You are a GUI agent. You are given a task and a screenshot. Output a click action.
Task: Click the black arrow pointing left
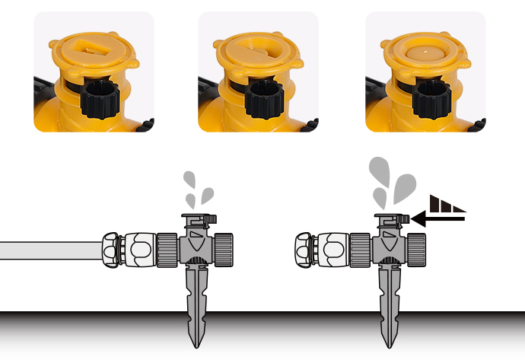437,219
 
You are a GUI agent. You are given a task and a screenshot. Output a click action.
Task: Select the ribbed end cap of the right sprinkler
416,247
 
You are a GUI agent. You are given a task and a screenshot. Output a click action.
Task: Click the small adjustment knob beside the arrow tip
405,219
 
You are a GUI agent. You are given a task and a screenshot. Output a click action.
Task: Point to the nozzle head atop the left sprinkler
197,220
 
